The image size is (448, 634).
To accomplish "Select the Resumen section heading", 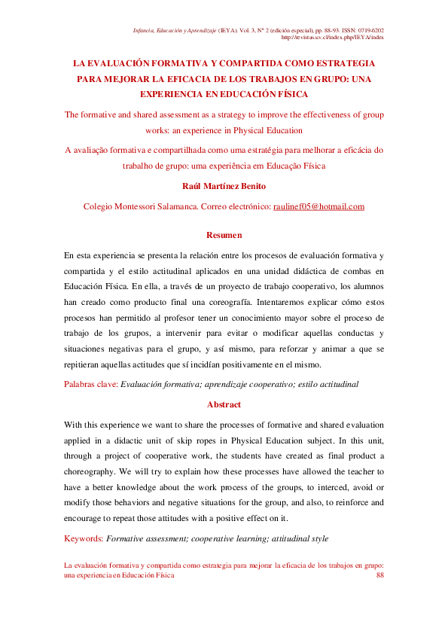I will [x=224, y=235].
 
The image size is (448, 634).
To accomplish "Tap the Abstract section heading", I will [x=224, y=404].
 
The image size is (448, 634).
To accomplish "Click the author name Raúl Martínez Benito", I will [x=224, y=186].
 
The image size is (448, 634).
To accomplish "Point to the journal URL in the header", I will [x=332, y=36].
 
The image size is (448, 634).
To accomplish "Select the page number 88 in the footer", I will [x=379, y=575].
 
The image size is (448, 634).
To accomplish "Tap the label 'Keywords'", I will [x=83, y=538].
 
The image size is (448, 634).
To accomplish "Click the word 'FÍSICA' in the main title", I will [x=289, y=95].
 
